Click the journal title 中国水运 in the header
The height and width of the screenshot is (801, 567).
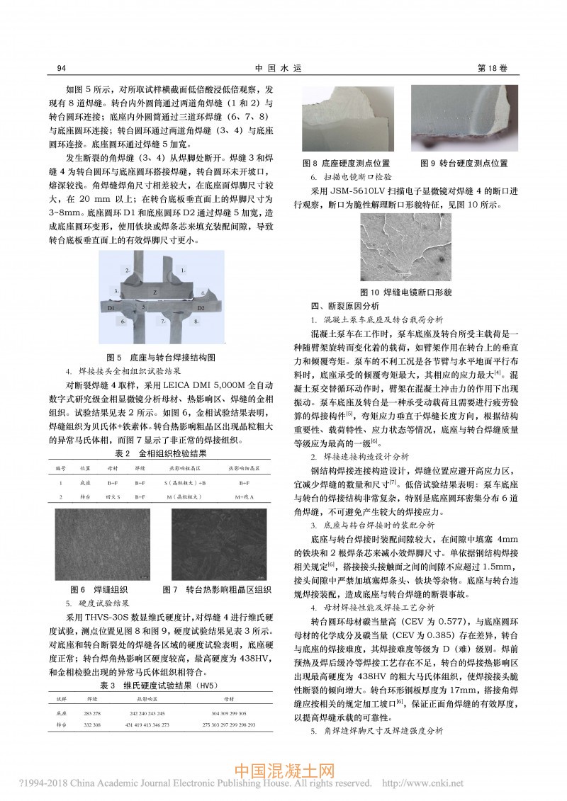282,68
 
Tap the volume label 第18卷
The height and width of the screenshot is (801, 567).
494,68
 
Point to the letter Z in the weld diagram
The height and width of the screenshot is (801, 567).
155,292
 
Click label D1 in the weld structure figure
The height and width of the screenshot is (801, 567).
111,309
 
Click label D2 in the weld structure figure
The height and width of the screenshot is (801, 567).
201,309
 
